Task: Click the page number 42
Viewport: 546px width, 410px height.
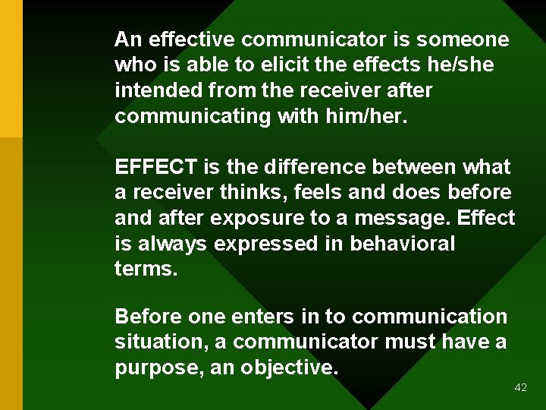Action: pyautogui.click(x=520, y=387)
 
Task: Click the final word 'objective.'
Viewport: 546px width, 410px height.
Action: pyautogui.click(x=289, y=367)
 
